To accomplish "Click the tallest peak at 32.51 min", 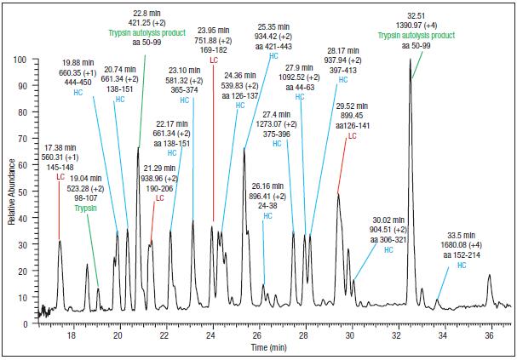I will pyautogui.click(x=411, y=79).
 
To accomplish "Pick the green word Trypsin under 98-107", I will pyautogui.click(x=85, y=207).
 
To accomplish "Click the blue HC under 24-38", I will pyautogui.click(x=266, y=216).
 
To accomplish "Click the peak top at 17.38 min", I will pyautogui.click(x=60, y=241).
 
